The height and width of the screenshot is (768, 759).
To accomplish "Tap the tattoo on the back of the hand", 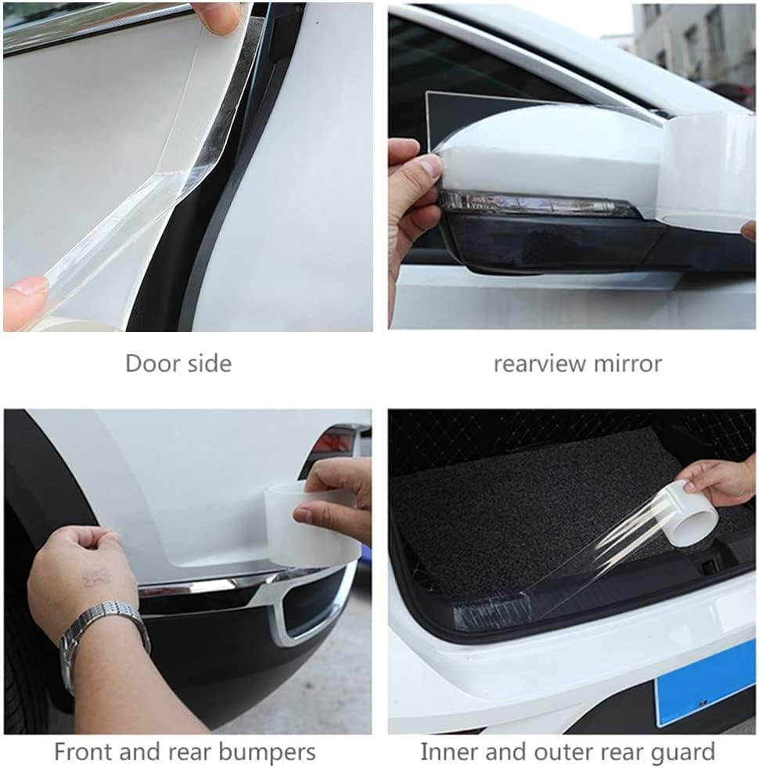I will click(95, 578).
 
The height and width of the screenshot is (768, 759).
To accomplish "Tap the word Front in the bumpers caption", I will click(82, 752).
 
